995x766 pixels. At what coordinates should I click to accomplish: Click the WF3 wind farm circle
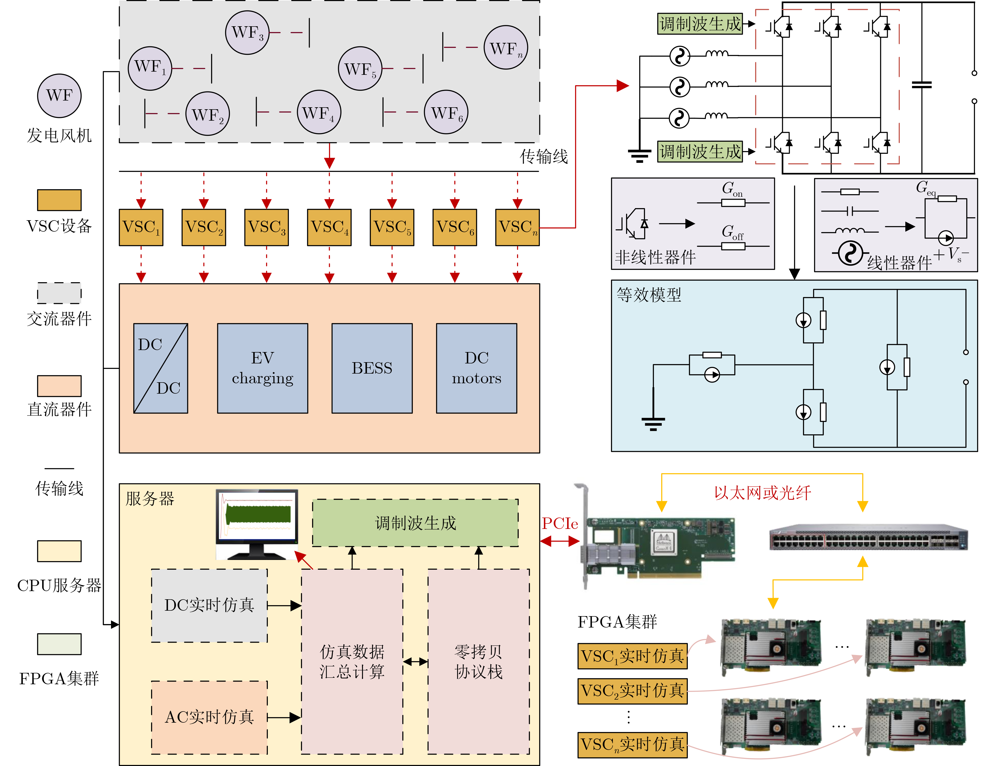[247, 33]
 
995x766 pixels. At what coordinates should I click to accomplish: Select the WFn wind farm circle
[506, 47]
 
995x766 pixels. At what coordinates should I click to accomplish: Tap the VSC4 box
[329, 227]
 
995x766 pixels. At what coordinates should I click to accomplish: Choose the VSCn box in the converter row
[517, 227]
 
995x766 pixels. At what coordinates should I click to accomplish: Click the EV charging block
[262, 368]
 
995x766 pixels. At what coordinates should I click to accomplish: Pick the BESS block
[372, 368]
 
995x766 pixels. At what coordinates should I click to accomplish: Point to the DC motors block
[476, 368]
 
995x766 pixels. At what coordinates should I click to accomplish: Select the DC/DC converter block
[160, 368]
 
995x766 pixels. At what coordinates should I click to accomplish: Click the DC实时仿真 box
[209, 605]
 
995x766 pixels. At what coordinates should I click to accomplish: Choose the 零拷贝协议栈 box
[478, 661]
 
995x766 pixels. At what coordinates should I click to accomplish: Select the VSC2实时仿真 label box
[632, 691]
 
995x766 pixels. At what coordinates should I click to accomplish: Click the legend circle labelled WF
[59, 96]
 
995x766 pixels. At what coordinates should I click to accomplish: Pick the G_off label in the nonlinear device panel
[732, 233]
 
